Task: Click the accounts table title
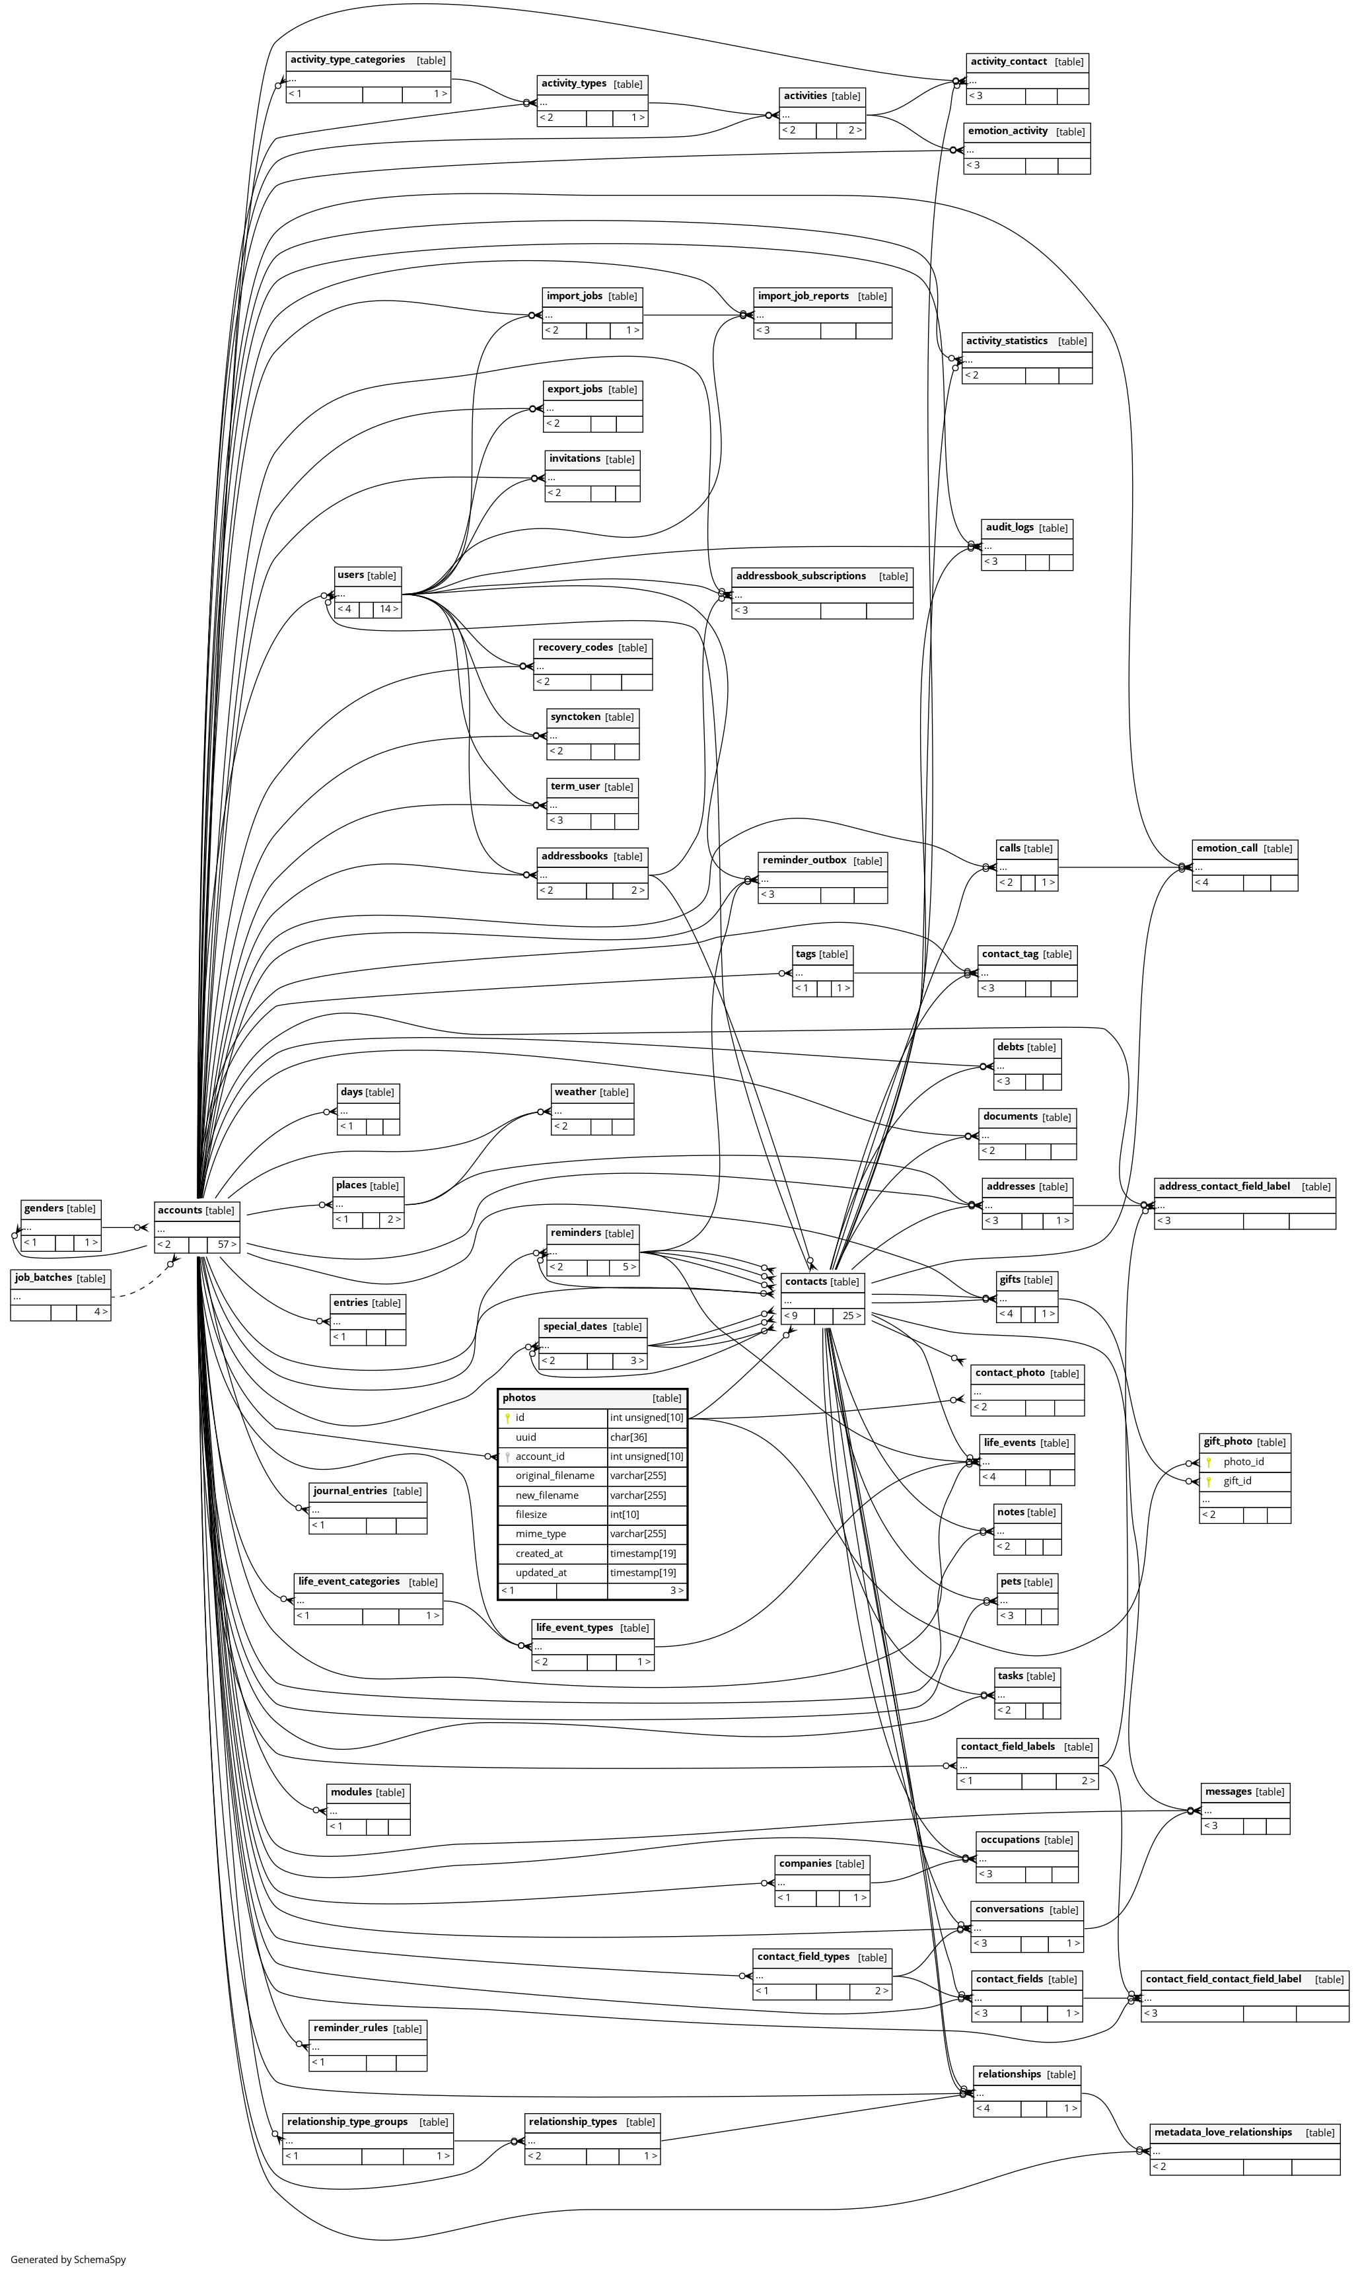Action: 180,1210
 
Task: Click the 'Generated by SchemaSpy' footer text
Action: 68,2259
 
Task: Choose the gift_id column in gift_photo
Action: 1237,1481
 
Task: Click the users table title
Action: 350,575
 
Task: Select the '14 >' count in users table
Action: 388,608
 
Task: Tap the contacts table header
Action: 806,1281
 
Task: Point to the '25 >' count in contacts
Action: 851,1315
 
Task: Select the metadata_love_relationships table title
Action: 1223,2132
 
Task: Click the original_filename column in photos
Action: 554,1476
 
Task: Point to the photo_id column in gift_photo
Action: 1244,1462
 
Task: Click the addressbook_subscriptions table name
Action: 801,575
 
